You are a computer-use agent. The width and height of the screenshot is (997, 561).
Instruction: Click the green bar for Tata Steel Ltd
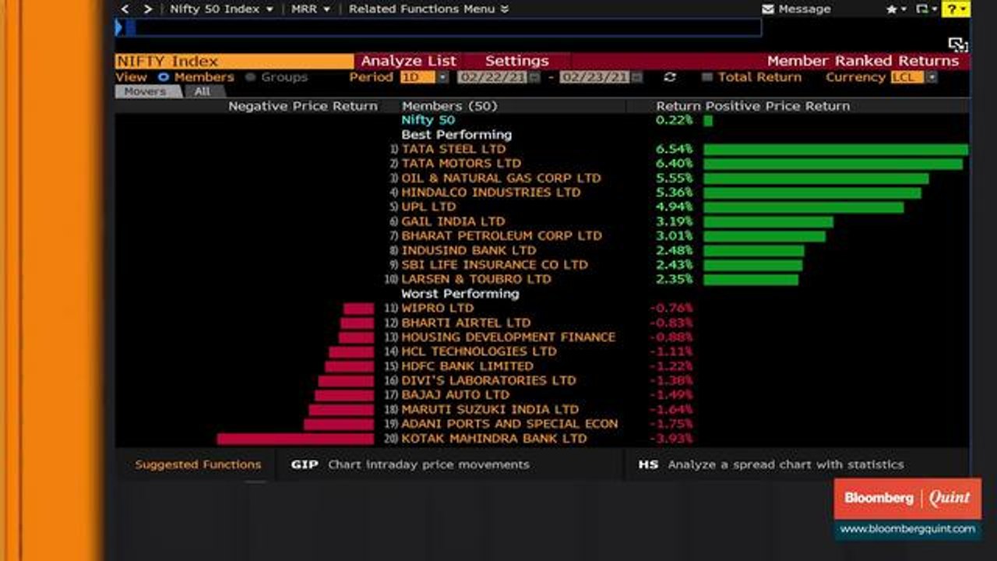click(835, 150)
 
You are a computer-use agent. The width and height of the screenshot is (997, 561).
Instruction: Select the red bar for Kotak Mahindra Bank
click(295, 439)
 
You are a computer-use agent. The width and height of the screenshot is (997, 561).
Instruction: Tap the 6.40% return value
click(674, 164)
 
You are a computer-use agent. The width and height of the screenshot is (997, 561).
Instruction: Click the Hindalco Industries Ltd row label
click(491, 192)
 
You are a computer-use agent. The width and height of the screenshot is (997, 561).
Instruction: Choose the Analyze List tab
click(408, 61)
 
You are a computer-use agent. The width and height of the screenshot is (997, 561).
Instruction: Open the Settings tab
click(516, 61)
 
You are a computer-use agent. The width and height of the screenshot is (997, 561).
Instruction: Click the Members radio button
click(164, 77)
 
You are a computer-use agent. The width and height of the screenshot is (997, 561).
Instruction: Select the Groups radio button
click(251, 77)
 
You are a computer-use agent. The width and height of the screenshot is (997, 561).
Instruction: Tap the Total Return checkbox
click(707, 77)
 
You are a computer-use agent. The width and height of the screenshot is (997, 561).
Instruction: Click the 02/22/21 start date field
click(493, 77)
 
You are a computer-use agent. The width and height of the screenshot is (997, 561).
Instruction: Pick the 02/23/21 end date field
click(594, 77)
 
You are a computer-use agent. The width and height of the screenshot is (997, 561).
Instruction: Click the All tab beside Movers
click(202, 91)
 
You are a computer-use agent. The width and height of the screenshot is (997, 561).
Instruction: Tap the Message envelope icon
click(768, 9)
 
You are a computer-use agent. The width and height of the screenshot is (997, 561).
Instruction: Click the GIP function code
click(305, 464)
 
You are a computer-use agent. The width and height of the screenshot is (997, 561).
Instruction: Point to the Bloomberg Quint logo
click(907, 498)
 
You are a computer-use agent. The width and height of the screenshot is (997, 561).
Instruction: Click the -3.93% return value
click(671, 439)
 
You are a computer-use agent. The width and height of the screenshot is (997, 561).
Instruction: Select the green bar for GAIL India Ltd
click(768, 222)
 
